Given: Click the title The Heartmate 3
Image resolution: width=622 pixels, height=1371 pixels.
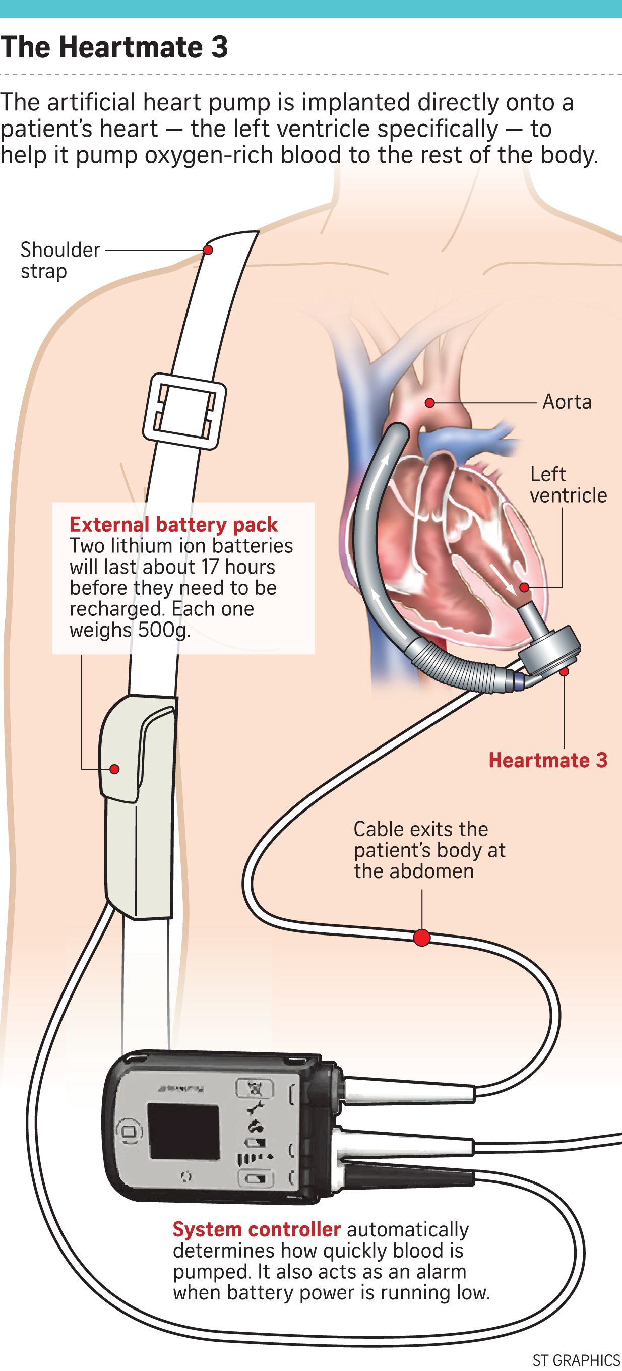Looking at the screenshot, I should click(x=114, y=47).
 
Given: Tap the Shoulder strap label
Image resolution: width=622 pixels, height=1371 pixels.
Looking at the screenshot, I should click(x=59, y=260).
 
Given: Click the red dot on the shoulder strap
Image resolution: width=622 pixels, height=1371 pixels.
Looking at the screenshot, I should click(x=208, y=250).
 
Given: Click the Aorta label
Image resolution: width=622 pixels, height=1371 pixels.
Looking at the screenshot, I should click(x=567, y=402).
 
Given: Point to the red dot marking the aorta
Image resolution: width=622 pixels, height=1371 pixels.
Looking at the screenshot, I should click(x=430, y=403).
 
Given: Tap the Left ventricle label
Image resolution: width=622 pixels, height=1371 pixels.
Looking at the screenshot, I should click(x=568, y=485).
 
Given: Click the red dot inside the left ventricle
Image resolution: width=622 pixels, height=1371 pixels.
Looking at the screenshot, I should click(x=524, y=588).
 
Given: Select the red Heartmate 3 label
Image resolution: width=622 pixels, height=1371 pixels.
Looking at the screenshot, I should click(x=547, y=760).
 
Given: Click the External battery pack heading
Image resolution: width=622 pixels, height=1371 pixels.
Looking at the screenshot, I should click(x=173, y=525).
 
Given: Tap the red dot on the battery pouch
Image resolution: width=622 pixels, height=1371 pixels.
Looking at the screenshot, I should click(x=114, y=769).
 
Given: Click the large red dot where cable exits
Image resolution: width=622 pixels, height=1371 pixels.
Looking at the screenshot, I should click(x=421, y=937).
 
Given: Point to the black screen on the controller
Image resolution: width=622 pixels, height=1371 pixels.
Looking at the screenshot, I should click(x=183, y=1131).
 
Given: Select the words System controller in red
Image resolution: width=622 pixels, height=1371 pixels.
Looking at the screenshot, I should click(x=257, y=1229).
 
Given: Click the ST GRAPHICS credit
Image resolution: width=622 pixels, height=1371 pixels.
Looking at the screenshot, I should click(x=576, y=1360).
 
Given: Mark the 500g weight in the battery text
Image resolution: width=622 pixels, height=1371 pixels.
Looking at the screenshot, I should click(x=163, y=630).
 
